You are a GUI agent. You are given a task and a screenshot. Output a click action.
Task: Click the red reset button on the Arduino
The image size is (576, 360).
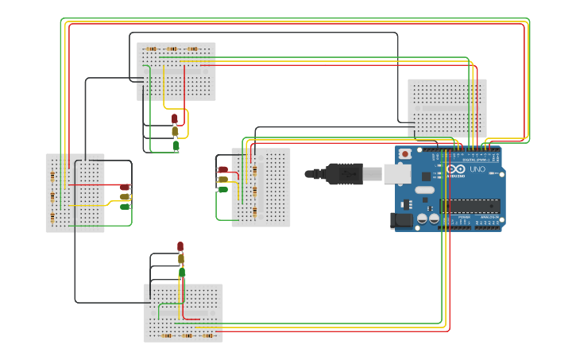coord(405,153)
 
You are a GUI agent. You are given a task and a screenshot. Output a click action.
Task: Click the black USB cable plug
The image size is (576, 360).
coord(343,173)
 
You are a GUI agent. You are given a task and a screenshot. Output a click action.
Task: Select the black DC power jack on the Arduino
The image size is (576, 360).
coord(402,220)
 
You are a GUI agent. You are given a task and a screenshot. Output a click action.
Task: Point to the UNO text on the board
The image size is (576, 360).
coord(477,169)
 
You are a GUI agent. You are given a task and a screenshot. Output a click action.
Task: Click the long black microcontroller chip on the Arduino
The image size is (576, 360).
coord(470,206)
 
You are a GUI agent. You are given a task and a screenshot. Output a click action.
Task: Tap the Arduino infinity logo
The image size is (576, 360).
coord(456,169)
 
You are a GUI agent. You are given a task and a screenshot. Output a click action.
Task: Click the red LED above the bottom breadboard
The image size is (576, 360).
coord(180,246)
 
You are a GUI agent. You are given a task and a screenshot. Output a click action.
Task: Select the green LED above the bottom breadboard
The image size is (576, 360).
coord(182,273)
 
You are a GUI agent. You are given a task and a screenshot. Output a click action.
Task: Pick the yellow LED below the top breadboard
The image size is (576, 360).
coord(175,131)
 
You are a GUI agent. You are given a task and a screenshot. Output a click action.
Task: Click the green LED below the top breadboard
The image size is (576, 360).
coord(176,145)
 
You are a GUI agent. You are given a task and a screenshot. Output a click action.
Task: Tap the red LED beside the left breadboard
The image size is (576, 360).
coord(125,187)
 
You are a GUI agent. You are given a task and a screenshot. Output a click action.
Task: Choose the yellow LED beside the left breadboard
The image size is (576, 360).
coord(125,196)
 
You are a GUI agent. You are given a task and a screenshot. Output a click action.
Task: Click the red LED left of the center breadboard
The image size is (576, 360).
coord(223,169)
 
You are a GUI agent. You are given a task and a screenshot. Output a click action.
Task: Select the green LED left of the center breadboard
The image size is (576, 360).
coord(223,189)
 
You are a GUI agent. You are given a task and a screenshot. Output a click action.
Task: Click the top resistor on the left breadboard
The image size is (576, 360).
coord(52,176)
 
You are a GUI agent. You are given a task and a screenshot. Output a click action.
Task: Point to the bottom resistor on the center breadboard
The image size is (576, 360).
coord(254,211)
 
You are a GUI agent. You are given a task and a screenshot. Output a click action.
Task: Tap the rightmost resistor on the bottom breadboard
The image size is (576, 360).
coord(208,335)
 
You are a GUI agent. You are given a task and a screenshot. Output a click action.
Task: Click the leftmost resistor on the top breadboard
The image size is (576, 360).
coord(151,48)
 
